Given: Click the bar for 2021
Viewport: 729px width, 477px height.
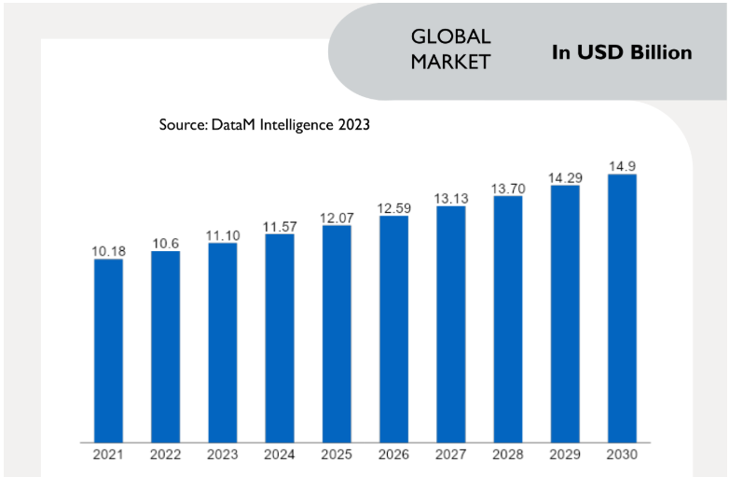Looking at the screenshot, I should click(108, 350).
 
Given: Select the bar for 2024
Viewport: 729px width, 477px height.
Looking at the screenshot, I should click(280, 338).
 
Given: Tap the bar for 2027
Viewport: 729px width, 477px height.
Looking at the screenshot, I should click(450, 324).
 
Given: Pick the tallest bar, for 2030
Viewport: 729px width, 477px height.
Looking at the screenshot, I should click(622, 308).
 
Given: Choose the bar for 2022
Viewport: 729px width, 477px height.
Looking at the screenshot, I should click(165, 346).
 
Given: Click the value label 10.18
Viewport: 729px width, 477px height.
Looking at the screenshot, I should click(108, 250).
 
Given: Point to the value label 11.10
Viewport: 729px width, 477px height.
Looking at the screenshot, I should click(223, 235).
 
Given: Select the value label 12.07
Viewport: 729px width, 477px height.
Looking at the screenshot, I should click(337, 217).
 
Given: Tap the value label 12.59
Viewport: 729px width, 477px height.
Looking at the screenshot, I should click(393, 208).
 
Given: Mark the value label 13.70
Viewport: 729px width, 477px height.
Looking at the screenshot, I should click(508, 189).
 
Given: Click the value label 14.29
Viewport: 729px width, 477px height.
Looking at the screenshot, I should click(565, 177).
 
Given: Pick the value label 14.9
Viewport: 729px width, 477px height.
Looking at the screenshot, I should click(622, 166).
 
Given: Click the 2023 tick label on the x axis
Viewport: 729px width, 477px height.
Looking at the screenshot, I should click(223, 455).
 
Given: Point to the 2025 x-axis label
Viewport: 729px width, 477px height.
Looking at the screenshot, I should click(337, 455).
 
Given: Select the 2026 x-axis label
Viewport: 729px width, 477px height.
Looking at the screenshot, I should click(393, 455).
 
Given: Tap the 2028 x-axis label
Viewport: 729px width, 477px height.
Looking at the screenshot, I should click(508, 455).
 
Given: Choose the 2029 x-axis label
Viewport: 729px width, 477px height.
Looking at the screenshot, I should click(565, 455).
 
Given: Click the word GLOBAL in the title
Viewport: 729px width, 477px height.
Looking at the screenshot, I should click(450, 36).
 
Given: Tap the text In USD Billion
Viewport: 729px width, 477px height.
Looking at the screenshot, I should click(622, 52).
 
